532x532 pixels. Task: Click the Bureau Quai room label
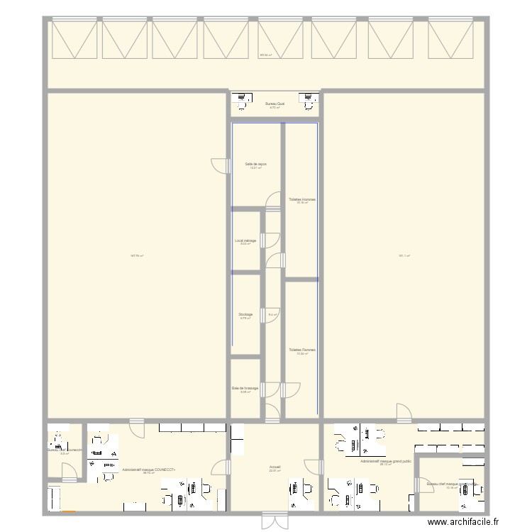pyautogui.click(x=275, y=104)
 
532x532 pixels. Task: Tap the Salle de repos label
pyautogui.click(x=255, y=164)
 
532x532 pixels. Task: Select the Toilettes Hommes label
pyautogui.click(x=301, y=199)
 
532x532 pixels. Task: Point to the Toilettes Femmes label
pyautogui.click(x=302, y=350)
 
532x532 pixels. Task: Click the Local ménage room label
pyautogui.click(x=245, y=240)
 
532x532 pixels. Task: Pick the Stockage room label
pyautogui.click(x=245, y=314)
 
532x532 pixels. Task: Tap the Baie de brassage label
pyautogui.click(x=245, y=388)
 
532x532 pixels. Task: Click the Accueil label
pyautogui.click(x=275, y=467)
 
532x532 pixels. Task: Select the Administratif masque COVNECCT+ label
pyautogui.click(x=148, y=469)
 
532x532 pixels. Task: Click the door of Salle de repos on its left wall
pyautogui.click(x=223, y=166)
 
